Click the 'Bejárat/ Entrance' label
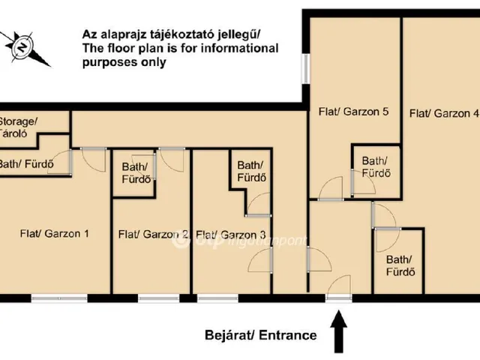tap(260, 335)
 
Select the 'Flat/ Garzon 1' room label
tap(54, 233)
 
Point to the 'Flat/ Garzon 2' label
tap(152, 234)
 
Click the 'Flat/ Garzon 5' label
tap(352, 112)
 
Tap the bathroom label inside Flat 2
tap(135, 173)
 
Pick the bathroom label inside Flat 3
tap(251, 172)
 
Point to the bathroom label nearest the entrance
tap(400, 265)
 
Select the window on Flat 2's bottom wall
tap(158, 298)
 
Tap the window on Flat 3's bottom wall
tap(220, 298)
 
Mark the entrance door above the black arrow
tap(337, 298)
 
